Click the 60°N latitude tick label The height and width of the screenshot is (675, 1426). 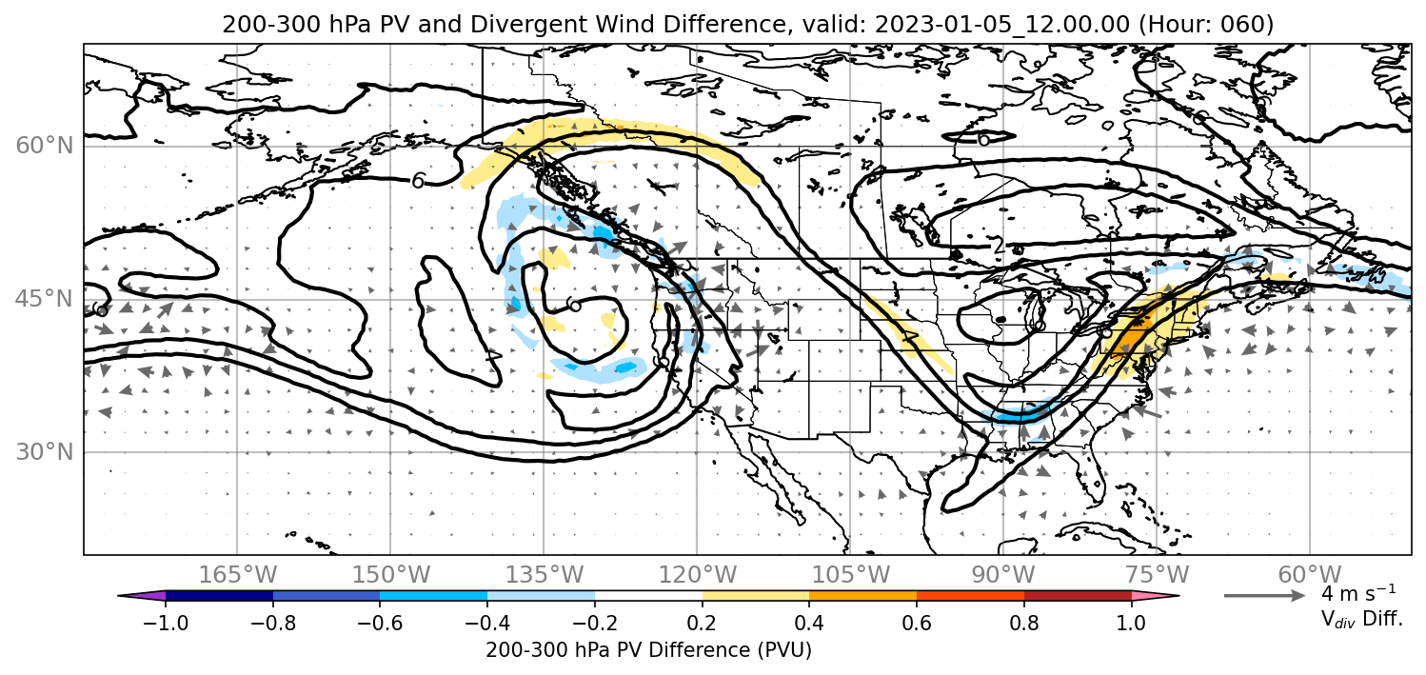(x=45, y=146)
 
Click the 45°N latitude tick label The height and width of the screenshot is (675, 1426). (x=45, y=299)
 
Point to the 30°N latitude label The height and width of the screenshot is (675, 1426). (x=45, y=452)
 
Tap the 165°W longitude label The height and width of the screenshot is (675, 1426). (x=237, y=575)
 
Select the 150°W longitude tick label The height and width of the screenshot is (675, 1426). (x=391, y=575)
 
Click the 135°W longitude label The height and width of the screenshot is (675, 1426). (x=544, y=575)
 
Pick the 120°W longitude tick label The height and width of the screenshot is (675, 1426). (x=697, y=575)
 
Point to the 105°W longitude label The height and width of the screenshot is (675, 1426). (x=850, y=575)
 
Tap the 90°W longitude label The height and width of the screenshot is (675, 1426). (x=1003, y=575)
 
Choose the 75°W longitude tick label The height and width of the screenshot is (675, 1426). (x=1157, y=575)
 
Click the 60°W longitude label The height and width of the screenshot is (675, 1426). (x=1310, y=575)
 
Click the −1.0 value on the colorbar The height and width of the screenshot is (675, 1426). (x=166, y=622)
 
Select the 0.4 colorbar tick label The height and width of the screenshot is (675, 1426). (x=809, y=622)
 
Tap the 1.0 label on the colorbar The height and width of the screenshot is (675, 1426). (x=1131, y=622)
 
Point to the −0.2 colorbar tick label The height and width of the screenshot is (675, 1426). (x=595, y=622)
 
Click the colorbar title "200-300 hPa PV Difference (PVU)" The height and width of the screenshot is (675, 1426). (x=648, y=650)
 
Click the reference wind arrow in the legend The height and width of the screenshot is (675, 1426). (x=1265, y=596)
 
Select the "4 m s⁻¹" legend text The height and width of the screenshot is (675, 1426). (x=1358, y=593)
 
